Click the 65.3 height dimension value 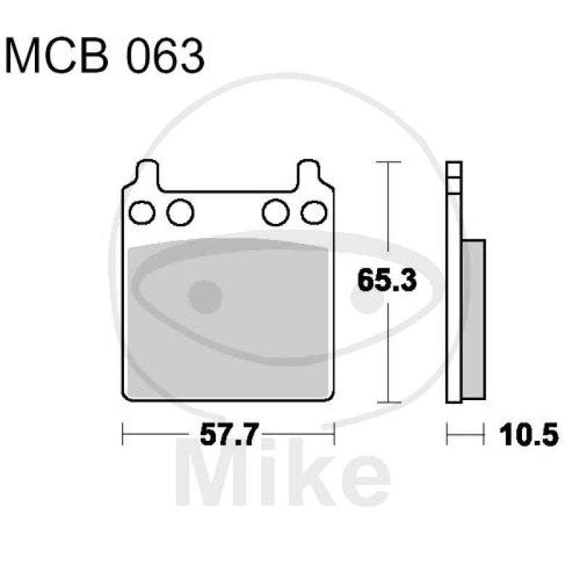click(x=387, y=280)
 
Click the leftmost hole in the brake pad click(x=142, y=212)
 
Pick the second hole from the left click(x=180, y=212)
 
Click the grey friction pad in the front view click(x=227, y=319)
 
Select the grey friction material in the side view click(x=473, y=319)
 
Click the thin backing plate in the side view click(x=454, y=290)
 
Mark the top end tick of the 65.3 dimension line click(x=390, y=163)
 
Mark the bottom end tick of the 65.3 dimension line click(x=390, y=402)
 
